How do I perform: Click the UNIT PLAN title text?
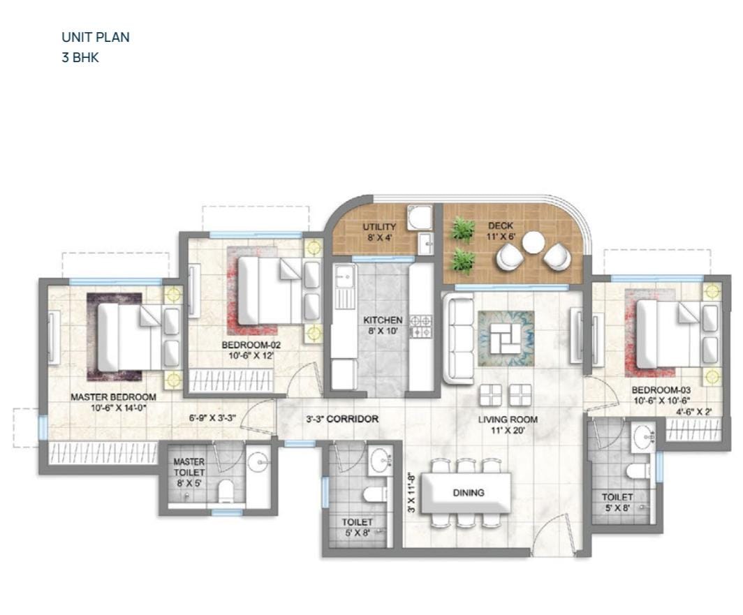[x=95, y=37]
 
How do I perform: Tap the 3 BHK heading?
[x=80, y=58]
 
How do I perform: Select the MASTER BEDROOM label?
[x=113, y=397]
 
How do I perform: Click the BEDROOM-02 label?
[x=251, y=345]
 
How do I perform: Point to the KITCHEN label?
[x=383, y=320]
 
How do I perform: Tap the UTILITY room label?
[x=379, y=226]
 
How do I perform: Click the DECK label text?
[x=501, y=226]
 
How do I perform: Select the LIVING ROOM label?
[x=508, y=420]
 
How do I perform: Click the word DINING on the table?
[x=469, y=493]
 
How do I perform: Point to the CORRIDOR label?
[x=353, y=419]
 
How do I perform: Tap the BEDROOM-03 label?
[x=661, y=390]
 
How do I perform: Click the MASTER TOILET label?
[x=189, y=467]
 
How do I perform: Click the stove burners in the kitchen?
[x=421, y=326]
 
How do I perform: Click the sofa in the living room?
[x=458, y=338]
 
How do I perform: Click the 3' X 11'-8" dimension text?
[x=411, y=491]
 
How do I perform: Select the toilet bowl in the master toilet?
[x=226, y=491]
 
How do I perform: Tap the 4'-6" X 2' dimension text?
[x=693, y=412]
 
